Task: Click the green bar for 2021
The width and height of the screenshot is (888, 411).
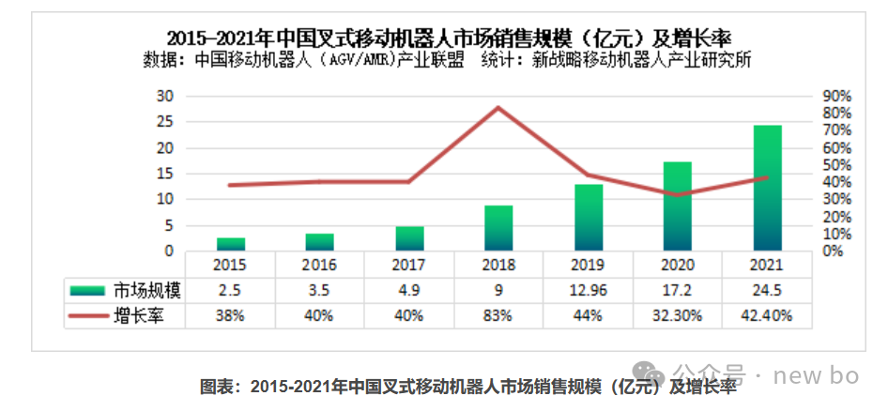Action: tap(767, 188)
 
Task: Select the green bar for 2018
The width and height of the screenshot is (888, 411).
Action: tap(499, 228)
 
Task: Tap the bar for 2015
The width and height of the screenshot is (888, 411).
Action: tap(231, 244)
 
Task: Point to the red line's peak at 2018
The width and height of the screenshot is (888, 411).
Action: tap(498, 108)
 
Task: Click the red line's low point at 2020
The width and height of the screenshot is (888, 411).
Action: tap(678, 195)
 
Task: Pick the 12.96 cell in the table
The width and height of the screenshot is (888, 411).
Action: tap(589, 291)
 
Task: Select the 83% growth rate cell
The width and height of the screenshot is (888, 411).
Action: tap(499, 316)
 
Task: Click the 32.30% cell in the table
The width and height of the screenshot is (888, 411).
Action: tap(678, 316)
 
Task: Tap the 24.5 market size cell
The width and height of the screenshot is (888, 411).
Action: tap(768, 291)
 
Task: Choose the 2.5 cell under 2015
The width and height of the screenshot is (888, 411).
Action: tap(231, 291)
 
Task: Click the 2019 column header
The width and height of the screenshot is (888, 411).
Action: tap(589, 265)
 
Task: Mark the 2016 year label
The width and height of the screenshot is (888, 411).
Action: tap(320, 265)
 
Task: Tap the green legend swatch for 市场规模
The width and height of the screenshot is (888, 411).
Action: tap(87, 291)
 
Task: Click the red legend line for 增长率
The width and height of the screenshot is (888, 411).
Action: tap(87, 316)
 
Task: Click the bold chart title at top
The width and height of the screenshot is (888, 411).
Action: tap(449, 39)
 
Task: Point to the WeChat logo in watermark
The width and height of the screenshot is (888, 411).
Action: tap(649, 374)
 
